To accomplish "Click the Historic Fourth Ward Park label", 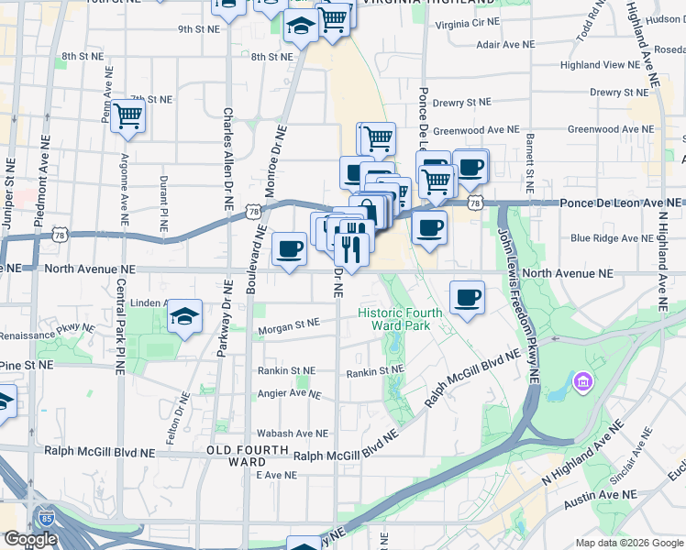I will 400,318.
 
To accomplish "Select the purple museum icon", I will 583,381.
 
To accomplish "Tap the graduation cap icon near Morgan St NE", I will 185,317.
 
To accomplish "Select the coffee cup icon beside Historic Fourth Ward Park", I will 467,297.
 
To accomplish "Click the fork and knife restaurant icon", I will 351,248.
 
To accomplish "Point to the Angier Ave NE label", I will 289,394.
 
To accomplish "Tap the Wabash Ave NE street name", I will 292,434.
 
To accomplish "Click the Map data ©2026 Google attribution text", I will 629,542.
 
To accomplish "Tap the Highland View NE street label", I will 599,65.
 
